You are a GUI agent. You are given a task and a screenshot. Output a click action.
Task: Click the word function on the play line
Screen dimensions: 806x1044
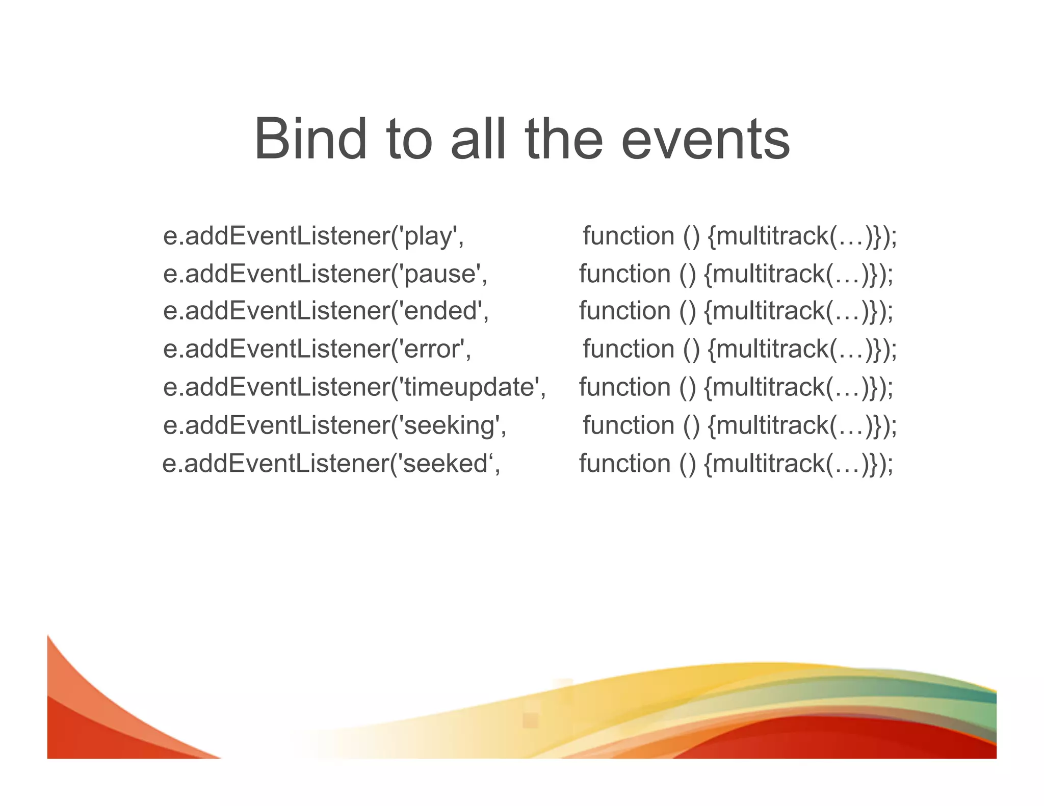point(629,236)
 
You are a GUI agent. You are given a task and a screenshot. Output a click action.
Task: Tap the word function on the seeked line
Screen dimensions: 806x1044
point(624,464)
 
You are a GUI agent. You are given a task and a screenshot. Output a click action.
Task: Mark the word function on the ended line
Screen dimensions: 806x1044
point(624,311)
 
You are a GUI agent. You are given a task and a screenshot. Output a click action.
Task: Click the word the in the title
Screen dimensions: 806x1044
point(564,139)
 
